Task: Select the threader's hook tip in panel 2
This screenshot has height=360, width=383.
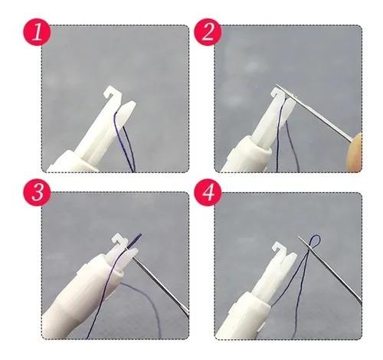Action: coord(277,93)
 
